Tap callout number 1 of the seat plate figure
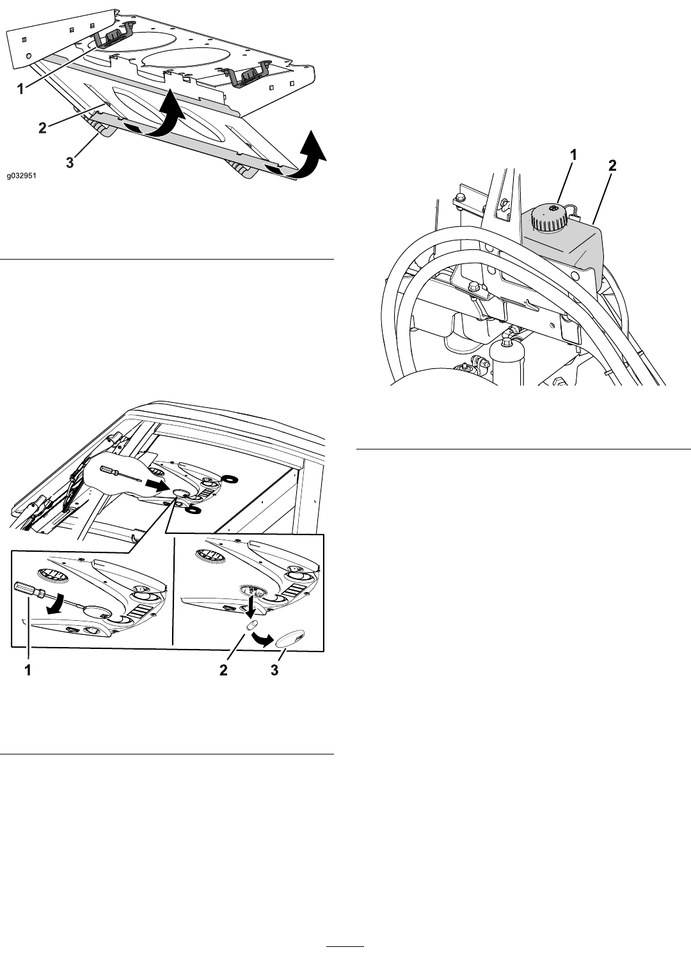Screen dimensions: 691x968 20,90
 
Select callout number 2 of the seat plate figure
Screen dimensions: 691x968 42,128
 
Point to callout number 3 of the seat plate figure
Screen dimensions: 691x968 70,163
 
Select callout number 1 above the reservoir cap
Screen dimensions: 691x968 573,155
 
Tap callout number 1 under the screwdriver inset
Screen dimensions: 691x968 28,670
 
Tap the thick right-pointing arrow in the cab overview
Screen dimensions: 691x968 156,486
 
